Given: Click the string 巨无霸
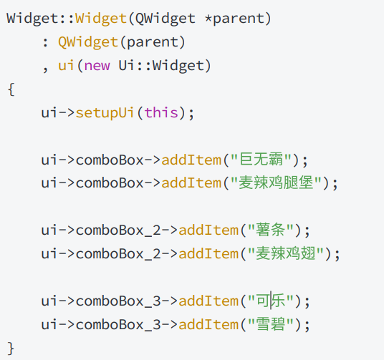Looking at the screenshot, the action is point(261,160).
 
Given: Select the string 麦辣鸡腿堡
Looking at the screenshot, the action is point(277,183).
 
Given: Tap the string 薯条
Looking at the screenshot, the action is point(271,230).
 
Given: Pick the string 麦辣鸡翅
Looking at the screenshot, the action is point(286,253).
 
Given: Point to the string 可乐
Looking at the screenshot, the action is point(271,301).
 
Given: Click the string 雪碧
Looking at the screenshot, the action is point(271,324).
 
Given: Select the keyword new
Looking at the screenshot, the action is point(97,66).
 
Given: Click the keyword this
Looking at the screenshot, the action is point(161,112).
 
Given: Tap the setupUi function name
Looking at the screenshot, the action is point(105,113).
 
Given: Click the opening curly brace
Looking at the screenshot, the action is point(11,89).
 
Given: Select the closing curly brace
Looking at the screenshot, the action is point(11,348).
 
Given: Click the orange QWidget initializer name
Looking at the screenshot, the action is point(88,42).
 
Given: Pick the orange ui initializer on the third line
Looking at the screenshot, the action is point(66,66).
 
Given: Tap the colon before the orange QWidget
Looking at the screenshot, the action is point(45,43).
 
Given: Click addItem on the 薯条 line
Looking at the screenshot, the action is point(208,230).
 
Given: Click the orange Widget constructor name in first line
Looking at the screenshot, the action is point(101,19).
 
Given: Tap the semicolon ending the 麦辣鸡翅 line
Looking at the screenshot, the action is point(337,255).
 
